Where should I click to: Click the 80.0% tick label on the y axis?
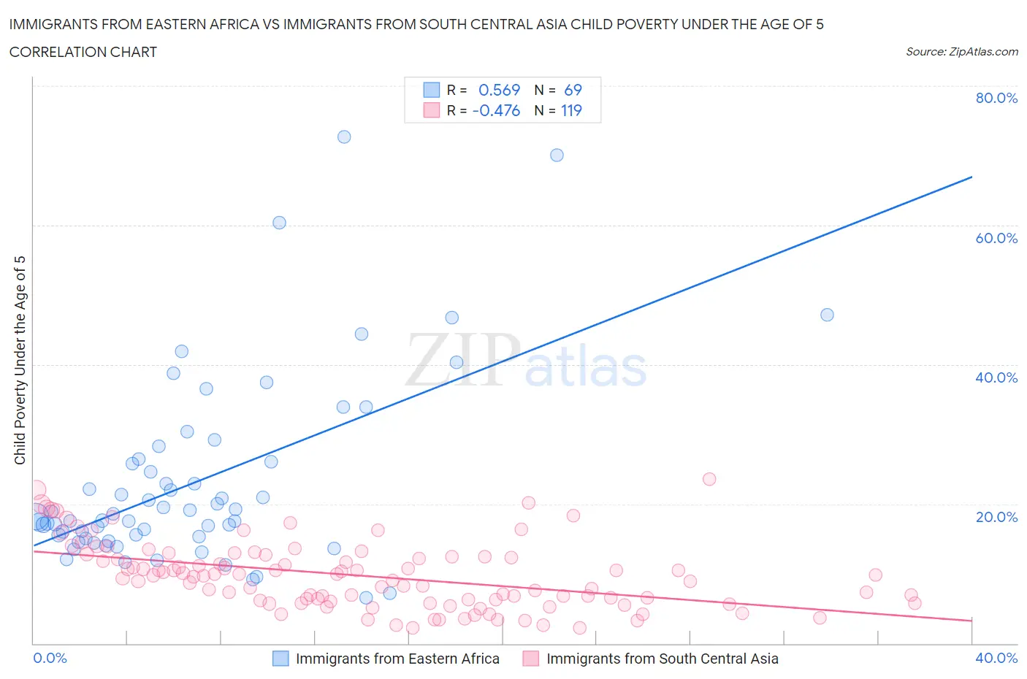(996, 98)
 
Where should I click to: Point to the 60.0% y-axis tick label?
(996, 238)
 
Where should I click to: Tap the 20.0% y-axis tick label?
(996, 517)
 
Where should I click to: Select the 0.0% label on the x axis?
(50, 658)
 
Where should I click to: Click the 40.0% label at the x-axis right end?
(996, 658)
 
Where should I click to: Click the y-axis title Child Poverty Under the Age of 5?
(20, 360)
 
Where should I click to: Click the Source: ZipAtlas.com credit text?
(961, 51)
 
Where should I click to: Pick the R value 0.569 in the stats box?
(499, 90)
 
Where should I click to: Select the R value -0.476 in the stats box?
(496, 110)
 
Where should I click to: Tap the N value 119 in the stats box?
(571, 110)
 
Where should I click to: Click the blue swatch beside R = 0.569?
(432, 90)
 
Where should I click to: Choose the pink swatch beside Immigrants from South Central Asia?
(531, 659)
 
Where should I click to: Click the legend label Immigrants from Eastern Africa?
(397, 659)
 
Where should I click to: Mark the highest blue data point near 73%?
(344, 137)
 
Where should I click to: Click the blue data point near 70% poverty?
(557, 155)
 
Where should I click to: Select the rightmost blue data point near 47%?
(827, 315)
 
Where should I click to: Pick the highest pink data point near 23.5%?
(709, 479)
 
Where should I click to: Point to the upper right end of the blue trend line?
(971, 177)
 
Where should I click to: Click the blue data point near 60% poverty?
(279, 223)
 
